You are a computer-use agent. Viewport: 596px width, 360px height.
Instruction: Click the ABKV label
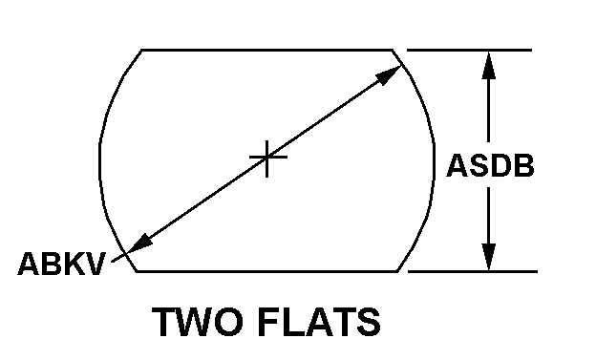coord(61,264)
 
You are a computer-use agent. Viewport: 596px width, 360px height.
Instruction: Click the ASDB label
coord(490,165)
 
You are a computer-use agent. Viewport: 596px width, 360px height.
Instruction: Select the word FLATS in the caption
coord(319,322)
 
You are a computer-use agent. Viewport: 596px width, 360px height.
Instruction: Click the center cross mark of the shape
coord(267,157)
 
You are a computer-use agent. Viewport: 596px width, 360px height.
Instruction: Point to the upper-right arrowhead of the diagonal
coord(388,75)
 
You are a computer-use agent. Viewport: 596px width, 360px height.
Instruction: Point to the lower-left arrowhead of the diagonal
coord(139,244)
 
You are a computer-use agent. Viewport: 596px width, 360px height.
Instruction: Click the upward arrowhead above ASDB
coord(489,65)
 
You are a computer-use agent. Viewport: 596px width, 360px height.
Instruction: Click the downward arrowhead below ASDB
coord(489,257)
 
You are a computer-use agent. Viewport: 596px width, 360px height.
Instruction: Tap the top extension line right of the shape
coord(469,50)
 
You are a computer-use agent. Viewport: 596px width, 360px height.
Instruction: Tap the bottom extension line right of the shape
coord(473,271)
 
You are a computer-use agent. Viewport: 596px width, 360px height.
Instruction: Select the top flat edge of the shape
coord(266,50)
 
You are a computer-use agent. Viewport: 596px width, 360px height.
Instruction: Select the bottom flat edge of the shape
coord(267,271)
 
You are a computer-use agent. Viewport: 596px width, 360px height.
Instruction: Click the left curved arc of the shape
coord(100,159)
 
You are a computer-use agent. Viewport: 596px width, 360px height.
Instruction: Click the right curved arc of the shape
coord(434,159)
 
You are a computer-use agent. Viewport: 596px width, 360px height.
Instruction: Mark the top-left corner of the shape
coord(141,50)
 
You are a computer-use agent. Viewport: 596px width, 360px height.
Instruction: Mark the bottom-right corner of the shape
coord(397,271)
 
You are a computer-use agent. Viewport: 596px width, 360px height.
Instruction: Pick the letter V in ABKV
coord(95,264)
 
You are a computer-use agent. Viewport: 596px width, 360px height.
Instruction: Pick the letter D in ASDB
coord(501,165)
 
